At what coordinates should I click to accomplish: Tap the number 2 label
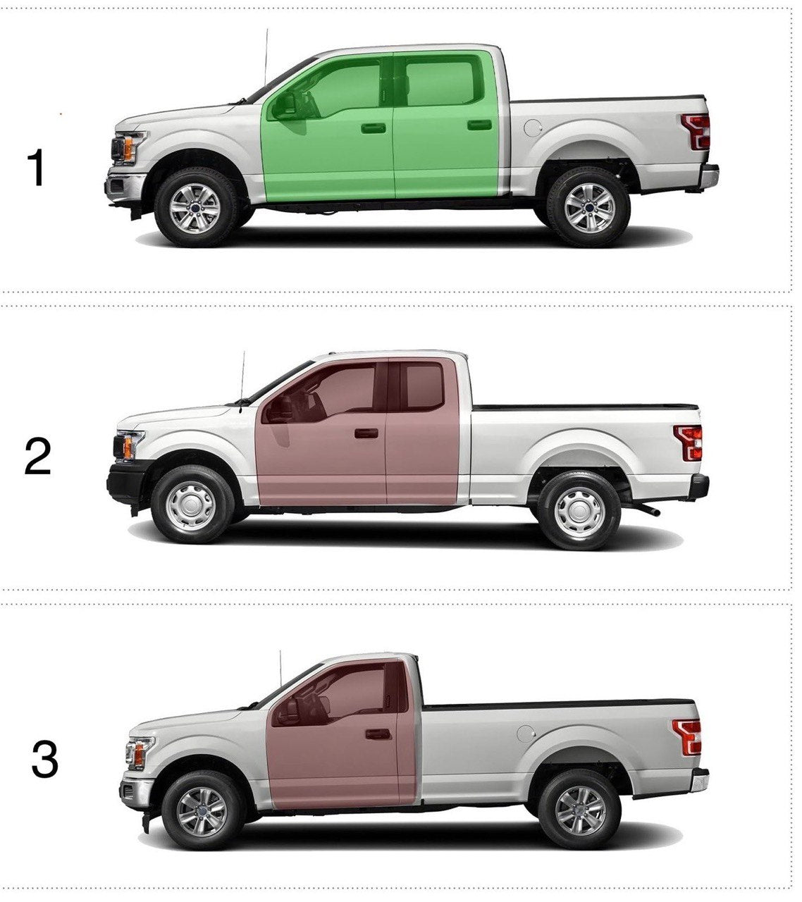coord(37,456)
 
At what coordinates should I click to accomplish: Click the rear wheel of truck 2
coord(579,510)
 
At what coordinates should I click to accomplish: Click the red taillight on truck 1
coord(697,131)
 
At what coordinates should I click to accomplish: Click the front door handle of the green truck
coord(373,128)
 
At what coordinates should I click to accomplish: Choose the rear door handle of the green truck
coord(479,125)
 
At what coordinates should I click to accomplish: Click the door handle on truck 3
coord(378,734)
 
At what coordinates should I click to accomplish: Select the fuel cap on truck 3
coord(525,733)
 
